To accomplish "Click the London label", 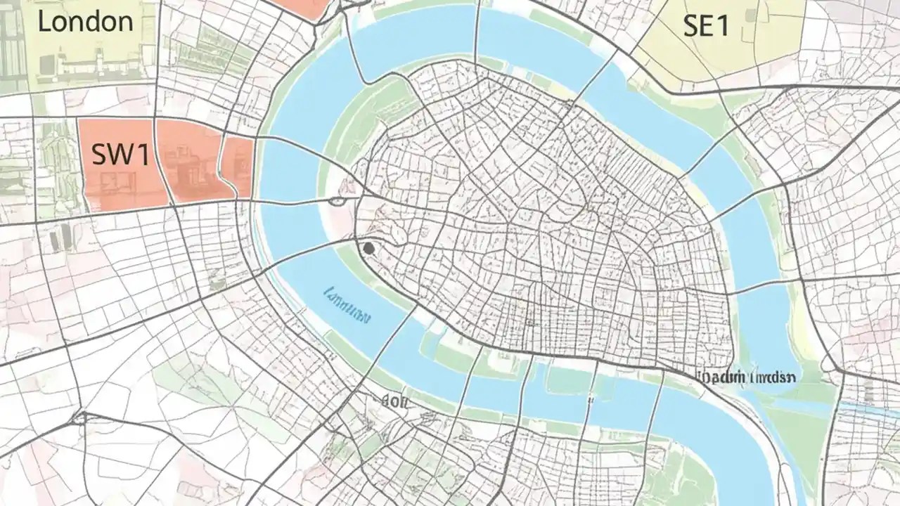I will coord(85,21).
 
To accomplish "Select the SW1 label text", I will coord(120,155).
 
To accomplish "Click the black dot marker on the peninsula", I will coord(368,247).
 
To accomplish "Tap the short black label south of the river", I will coord(394,401).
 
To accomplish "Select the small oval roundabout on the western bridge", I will coord(337,202).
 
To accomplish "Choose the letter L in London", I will coord(44,21).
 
